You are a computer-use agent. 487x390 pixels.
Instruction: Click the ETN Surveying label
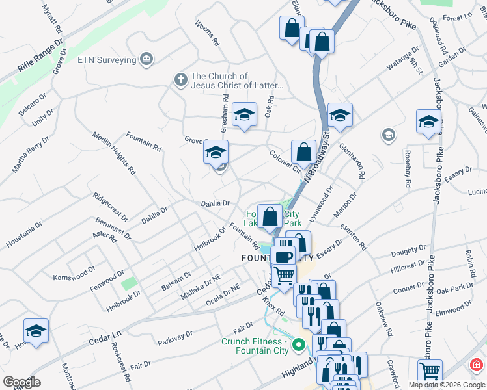pyautogui.click(x=106, y=60)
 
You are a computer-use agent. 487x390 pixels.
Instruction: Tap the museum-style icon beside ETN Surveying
pyautogui.click(x=146, y=60)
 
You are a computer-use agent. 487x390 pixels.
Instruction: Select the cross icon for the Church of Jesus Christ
pyautogui.click(x=180, y=80)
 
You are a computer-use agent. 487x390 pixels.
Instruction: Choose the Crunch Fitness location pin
pyautogui.click(x=299, y=344)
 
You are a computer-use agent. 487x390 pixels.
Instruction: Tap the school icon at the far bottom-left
pyautogui.click(x=36, y=330)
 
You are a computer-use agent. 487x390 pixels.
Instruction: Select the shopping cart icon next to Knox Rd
pyautogui.click(x=283, y=275)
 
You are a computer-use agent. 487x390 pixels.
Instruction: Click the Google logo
pyautogui.click(x=21, y=382)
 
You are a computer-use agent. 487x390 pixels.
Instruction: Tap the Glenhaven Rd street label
pyautogui.click(x=352, y=160)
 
